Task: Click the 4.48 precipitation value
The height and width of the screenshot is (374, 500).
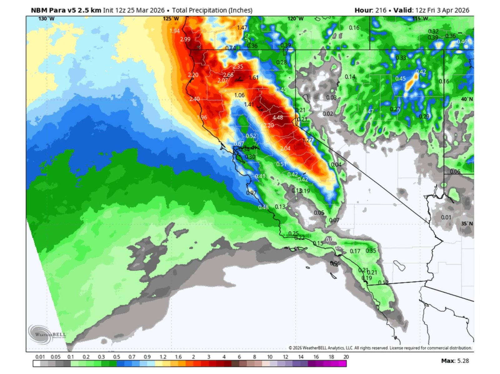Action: click(x=277, y=117)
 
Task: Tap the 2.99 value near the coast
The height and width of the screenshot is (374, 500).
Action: click(x=185, y=39)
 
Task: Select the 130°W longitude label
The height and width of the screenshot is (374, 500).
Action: click(x=46, y=19)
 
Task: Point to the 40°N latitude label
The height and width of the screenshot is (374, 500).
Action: click(x=467, y=99)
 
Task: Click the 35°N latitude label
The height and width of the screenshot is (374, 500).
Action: click(x=467, y=224)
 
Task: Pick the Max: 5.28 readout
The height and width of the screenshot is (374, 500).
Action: click(x=455, y=361)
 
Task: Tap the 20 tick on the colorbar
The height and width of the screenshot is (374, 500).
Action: click(x=346, y=357)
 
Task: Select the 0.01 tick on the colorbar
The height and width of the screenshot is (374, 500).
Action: click(x=40, y=357)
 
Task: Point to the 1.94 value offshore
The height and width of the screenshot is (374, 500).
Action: click(x=175, y=31)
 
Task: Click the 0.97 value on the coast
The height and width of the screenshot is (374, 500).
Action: click(x=251, y=193)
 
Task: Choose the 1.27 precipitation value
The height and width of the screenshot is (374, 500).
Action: click(x=307, y=140)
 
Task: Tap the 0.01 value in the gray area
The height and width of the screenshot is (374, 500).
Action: click(x=446, y=217)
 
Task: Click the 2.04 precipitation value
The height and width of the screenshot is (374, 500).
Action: click(x=285, y=148)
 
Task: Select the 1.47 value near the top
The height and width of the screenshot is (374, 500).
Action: click(x=242, y=27)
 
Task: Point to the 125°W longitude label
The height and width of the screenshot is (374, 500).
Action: click(x=171, y=19)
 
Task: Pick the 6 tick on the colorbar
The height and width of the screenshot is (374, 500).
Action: click(x=239, y=357)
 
